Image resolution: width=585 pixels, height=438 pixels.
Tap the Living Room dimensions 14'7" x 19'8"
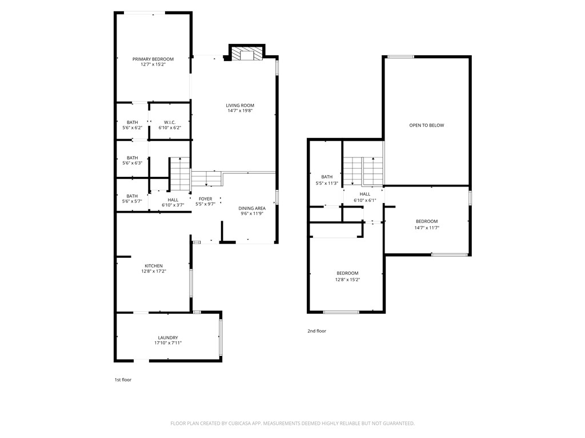[x=241, y=111]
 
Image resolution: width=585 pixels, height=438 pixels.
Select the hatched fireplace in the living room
[x=246, y=53]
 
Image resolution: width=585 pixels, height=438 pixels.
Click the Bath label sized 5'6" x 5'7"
[x=132, y=198]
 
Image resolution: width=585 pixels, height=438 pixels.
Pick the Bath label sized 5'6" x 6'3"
[x=132, y=160]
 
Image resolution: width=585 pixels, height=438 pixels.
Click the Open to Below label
[x=427, y=125]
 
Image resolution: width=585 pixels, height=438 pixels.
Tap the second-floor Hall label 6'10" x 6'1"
[x=365, y=197]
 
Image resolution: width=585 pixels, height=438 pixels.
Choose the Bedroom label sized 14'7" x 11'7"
[x=427, y=224]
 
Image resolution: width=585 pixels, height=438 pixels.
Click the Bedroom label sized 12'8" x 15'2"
[x=347, y=277]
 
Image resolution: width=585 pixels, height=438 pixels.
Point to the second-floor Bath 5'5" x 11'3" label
[x=327, y=180]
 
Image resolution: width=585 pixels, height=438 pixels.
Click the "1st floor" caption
[x=123, y=380]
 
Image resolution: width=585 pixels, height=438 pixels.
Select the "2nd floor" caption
[x=316, y=331]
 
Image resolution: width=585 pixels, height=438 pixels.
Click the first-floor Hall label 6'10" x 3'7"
[x=173, y=202]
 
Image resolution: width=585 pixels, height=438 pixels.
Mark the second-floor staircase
[x=363, y=171]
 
